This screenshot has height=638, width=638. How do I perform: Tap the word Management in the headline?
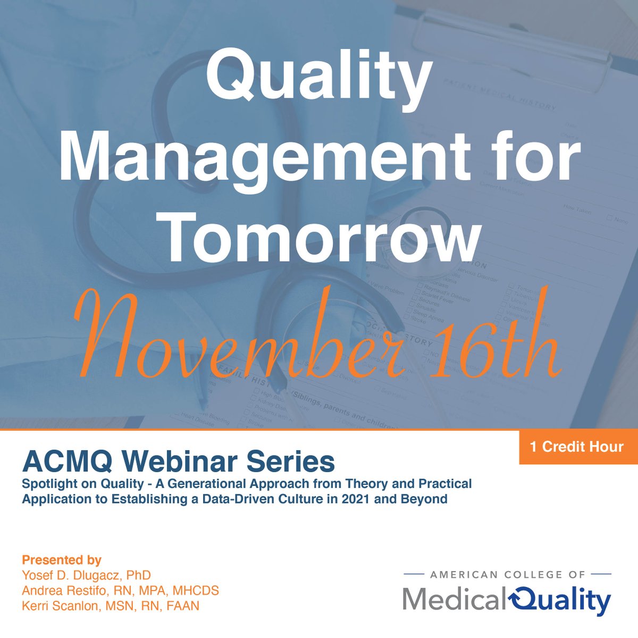(261, 154)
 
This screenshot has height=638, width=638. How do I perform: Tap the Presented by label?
(62, 560)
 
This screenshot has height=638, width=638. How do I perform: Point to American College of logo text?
(507, 575)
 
